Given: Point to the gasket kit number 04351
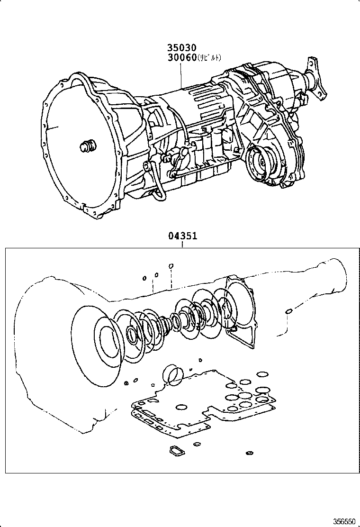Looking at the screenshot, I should [182, 236].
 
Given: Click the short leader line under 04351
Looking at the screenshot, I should [182, 245].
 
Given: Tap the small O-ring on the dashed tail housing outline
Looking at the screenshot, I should [288, 311].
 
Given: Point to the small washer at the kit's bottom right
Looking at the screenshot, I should [249, 454].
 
